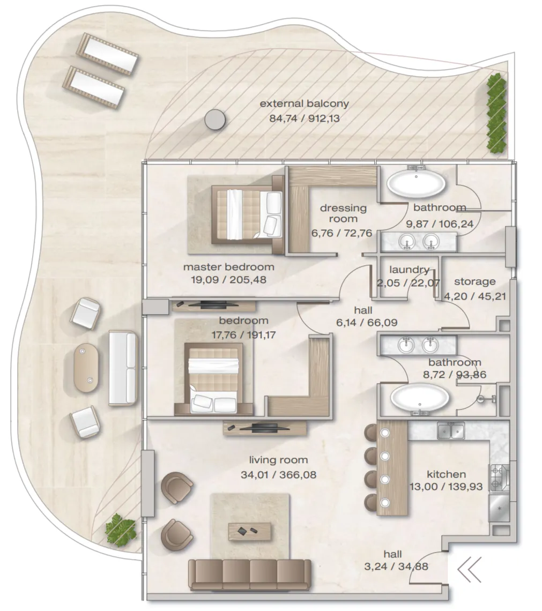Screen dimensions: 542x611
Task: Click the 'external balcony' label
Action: [x=304, y=103]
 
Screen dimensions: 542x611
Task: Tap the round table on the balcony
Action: [x=214, y=119]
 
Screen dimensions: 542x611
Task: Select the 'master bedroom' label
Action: [x=229, y=267]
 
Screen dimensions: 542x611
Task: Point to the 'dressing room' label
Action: [x=343, y=213]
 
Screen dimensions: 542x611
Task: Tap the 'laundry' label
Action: [x=409, y=269]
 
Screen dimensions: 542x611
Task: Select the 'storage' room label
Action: [x=474, y=281]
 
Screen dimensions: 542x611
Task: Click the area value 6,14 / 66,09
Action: [x=367, y=323]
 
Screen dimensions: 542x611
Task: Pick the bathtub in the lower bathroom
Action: [x=420, y=398]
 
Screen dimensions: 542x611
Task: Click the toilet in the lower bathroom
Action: [x=486, y=399]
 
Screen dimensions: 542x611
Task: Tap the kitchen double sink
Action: [x=451, y=431]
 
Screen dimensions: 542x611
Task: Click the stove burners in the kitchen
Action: [x=499, y=478]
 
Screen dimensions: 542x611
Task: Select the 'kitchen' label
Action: [x=446, y=474]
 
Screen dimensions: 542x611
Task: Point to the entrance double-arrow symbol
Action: [x=469, y=569]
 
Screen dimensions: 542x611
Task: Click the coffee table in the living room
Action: [x=249, y=532]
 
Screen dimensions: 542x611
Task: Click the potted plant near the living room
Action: [x=121, y=529]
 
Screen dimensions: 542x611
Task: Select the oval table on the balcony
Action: [x=86, y=368]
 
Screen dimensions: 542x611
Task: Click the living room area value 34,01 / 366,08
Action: [x=278, y=475]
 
